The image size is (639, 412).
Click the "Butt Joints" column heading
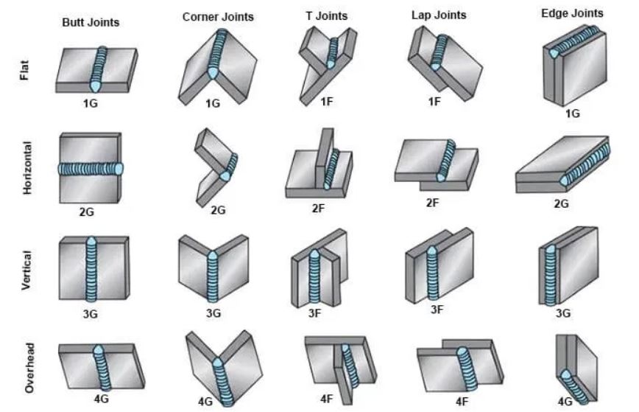[x=91, y=22]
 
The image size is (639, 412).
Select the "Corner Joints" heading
[x=218, y=17]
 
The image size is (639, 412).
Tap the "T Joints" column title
[x=327, y=16]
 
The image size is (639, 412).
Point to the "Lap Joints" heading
[x=439, y=15]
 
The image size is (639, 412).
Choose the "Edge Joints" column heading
[x=572, y=13]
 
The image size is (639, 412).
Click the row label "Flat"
[x=24, y=70]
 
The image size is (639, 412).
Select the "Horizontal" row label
[x=27, y=167]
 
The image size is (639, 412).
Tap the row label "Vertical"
[x=26, y=270]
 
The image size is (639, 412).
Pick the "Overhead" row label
[x=29, y=368]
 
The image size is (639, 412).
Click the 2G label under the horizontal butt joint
[x=86, y=212]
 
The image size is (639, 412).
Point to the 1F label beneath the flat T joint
[x=326, y=101]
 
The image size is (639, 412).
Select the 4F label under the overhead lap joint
[x=462, y=402]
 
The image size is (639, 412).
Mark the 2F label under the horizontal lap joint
[x=432, y=203]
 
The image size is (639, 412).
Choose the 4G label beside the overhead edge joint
[x=565, y=402]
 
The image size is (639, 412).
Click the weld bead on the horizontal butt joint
[x=91, y=169]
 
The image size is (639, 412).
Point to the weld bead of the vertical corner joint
[x=212, y=277]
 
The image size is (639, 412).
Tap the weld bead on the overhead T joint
[x=350, y=366]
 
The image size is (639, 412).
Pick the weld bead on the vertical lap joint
[x=433, y=273]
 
